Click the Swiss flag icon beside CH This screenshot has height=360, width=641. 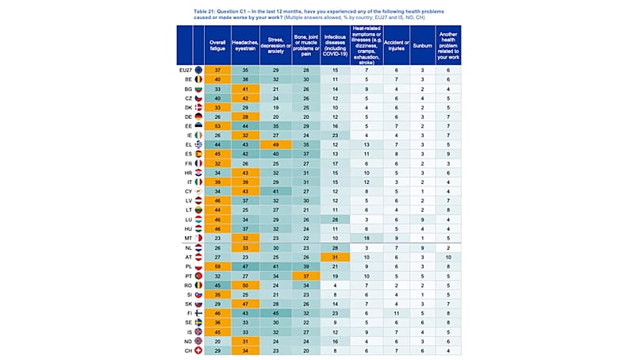pyautogui.click(x=198, y=350)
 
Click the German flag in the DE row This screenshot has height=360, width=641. pyautogui.click(x=198, y=117)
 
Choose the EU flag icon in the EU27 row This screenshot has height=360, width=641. pyautogui.click(x=198, y=71)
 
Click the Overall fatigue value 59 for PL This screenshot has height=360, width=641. pyautogui.click(x=217, y=267)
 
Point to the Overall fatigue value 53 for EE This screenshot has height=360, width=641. pyautogui.click(x=217, y=125)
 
